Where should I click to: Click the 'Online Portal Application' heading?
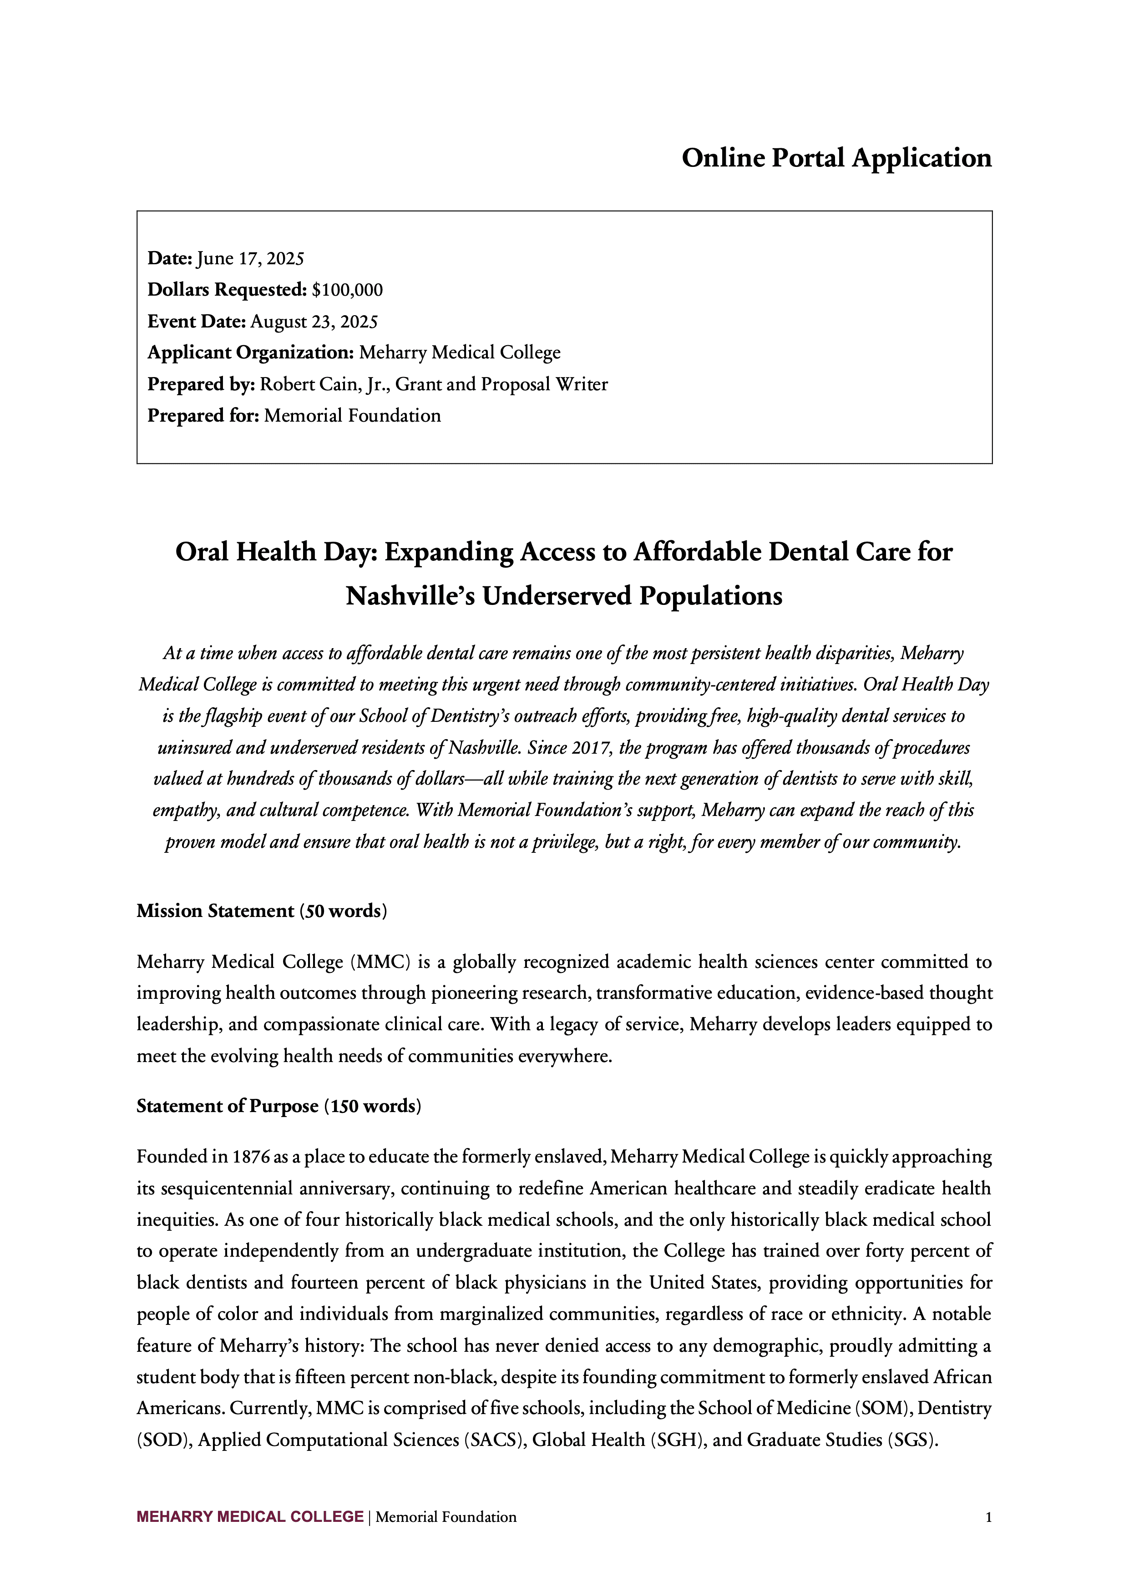coord(836,158)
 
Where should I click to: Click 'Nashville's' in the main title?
coord(410,596)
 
